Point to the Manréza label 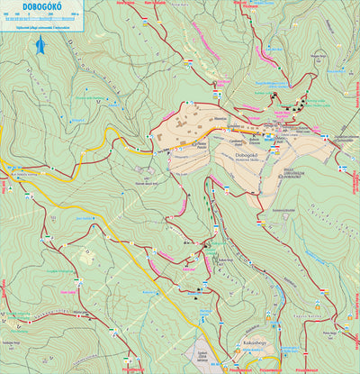point(220,116)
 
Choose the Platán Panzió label point(202,143)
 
